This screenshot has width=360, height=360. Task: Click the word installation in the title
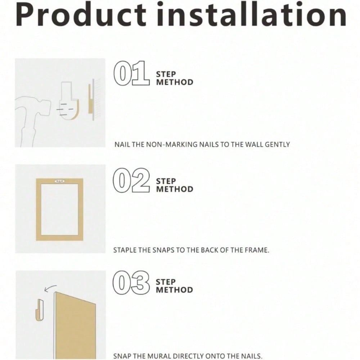point(251,14)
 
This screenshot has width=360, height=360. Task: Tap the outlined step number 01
point(131,73)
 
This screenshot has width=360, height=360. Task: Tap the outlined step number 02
point(131,180)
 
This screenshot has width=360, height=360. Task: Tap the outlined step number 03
point(131,283)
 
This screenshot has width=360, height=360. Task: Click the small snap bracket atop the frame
point(60,181)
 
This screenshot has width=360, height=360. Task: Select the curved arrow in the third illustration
point(50,288)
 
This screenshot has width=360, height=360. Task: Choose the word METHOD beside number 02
point(175,189)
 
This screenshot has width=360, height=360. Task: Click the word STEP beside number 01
point(166,75)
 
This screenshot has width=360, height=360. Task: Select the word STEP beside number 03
point(166,282)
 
